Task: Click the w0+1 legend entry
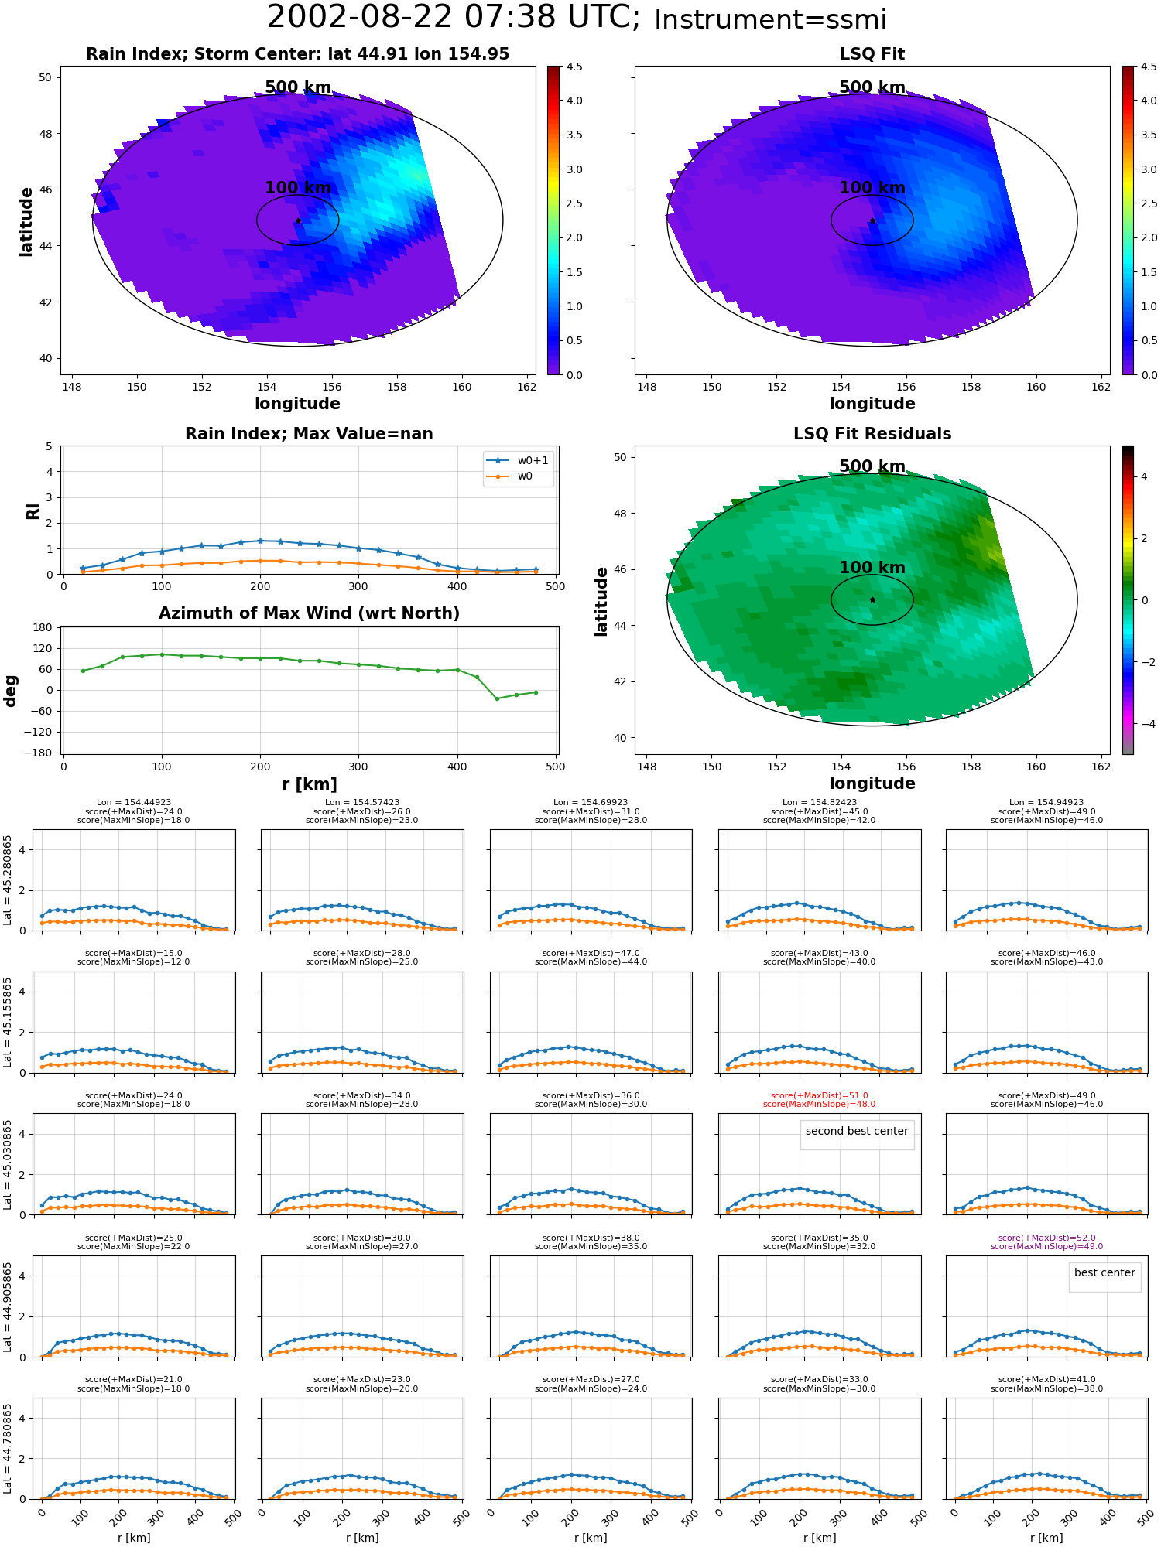518,461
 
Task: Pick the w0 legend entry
510,476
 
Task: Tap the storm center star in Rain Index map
298,220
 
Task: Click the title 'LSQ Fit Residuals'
872,434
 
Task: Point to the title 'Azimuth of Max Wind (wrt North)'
309,613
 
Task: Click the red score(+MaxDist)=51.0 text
820,1095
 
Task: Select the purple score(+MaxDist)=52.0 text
1047,1238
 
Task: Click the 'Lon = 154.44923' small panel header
134,803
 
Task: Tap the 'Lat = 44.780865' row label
8,1449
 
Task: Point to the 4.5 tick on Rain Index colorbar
574,67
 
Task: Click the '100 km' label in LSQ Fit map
872,188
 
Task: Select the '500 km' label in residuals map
872,466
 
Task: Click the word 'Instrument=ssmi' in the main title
770,20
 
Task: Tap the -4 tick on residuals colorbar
1144,724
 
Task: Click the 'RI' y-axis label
33,511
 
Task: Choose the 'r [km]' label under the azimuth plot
310,784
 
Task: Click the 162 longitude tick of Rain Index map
526,387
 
